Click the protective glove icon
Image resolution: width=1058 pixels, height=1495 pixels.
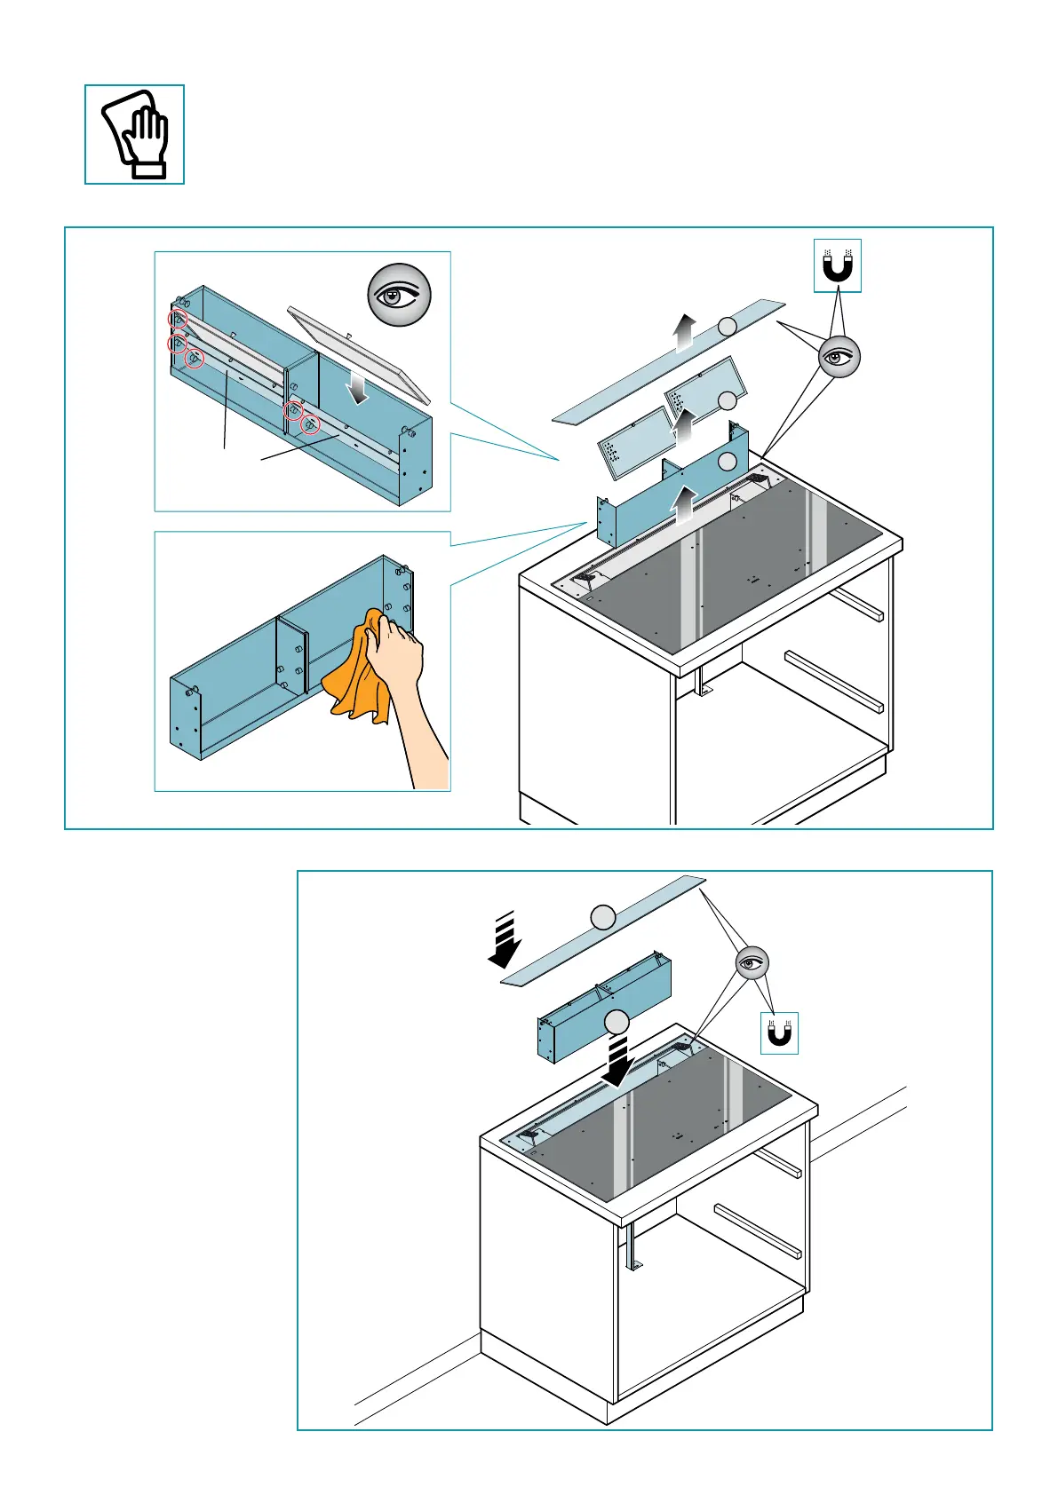[135, 135]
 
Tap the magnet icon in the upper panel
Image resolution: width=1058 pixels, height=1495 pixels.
[838, 265]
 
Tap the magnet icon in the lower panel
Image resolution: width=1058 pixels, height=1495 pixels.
[778, 1033]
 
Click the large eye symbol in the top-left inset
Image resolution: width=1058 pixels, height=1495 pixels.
[400, 295]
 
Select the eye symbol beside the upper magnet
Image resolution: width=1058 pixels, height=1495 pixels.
[839, 357]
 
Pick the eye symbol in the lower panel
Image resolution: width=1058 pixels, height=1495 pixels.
[752, 962]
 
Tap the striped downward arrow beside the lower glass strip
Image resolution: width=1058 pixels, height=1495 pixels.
[505, 940]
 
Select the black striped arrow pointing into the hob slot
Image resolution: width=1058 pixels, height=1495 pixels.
[616, 1059]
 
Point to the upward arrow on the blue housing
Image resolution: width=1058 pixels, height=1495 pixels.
[682, 506]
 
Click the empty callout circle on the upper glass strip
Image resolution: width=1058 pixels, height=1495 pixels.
[728, 326]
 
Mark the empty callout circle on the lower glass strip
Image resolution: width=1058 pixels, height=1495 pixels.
[603, 917]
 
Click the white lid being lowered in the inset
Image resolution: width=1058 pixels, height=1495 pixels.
[360, 351]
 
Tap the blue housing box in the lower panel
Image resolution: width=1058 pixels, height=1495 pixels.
[604, 1003]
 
